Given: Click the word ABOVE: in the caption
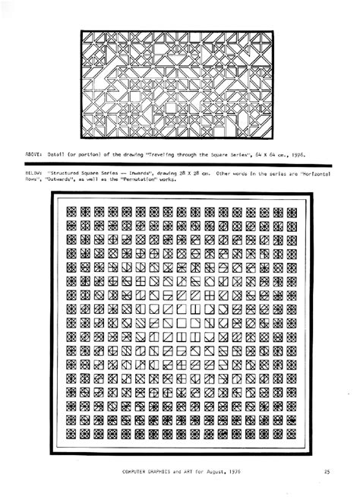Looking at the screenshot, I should pos(34,154).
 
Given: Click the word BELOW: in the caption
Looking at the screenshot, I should pos(34,174).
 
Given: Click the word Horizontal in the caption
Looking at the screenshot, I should pos(316,174).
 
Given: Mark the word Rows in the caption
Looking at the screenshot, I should pos(32,181).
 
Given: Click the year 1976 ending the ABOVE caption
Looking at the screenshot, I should pos(298,154).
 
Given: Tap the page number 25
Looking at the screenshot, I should pos(327,472).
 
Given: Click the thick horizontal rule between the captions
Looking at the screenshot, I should pos(180,165).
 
